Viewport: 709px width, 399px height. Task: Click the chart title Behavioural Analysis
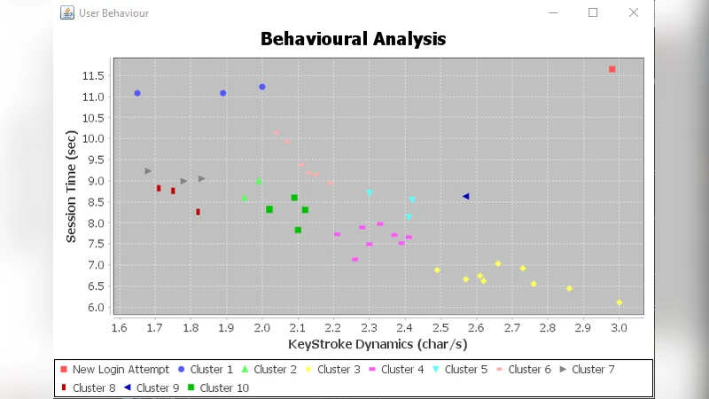pyautogui.click(x=353, y=39)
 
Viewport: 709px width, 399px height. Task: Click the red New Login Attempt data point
pyautogui.click(x=612, y=69)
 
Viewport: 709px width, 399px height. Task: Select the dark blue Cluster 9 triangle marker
pyautogui.click(x=466, y=196)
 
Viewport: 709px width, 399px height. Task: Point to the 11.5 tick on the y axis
pyautogui.click(x=93, y=75)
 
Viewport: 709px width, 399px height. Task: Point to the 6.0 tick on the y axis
pyautogui.click(x=93, y=308)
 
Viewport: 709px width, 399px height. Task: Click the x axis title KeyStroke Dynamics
pyautogui.click(x=378, y=344)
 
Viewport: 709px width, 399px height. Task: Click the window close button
pyautogui.click(x=634, y=12)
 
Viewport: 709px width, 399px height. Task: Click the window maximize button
pyautogui.click(x=593, y=12)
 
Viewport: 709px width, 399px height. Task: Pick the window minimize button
pyautogui.click(x=553, y=12)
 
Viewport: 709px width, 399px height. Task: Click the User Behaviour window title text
pyautogui.click(x=113, y=13)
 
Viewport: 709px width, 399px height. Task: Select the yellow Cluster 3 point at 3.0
pyautogui.click(x=619, y=302)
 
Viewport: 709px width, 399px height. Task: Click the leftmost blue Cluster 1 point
pyautogui.click(x=137, y=93)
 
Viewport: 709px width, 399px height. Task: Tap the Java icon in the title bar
pyautogui.click(x=66, y=13)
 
